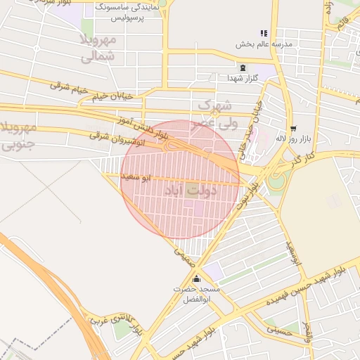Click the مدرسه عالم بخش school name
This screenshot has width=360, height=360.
coord(264,44)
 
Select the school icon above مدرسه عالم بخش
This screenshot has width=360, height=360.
coord(264,32)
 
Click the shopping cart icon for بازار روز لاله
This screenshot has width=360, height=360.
coord(292,128)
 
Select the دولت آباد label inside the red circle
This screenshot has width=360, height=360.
coord(191,191)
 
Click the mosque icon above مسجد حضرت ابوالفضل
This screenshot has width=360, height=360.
coord(204,279)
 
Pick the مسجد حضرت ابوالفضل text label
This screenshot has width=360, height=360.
coord(201,295)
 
